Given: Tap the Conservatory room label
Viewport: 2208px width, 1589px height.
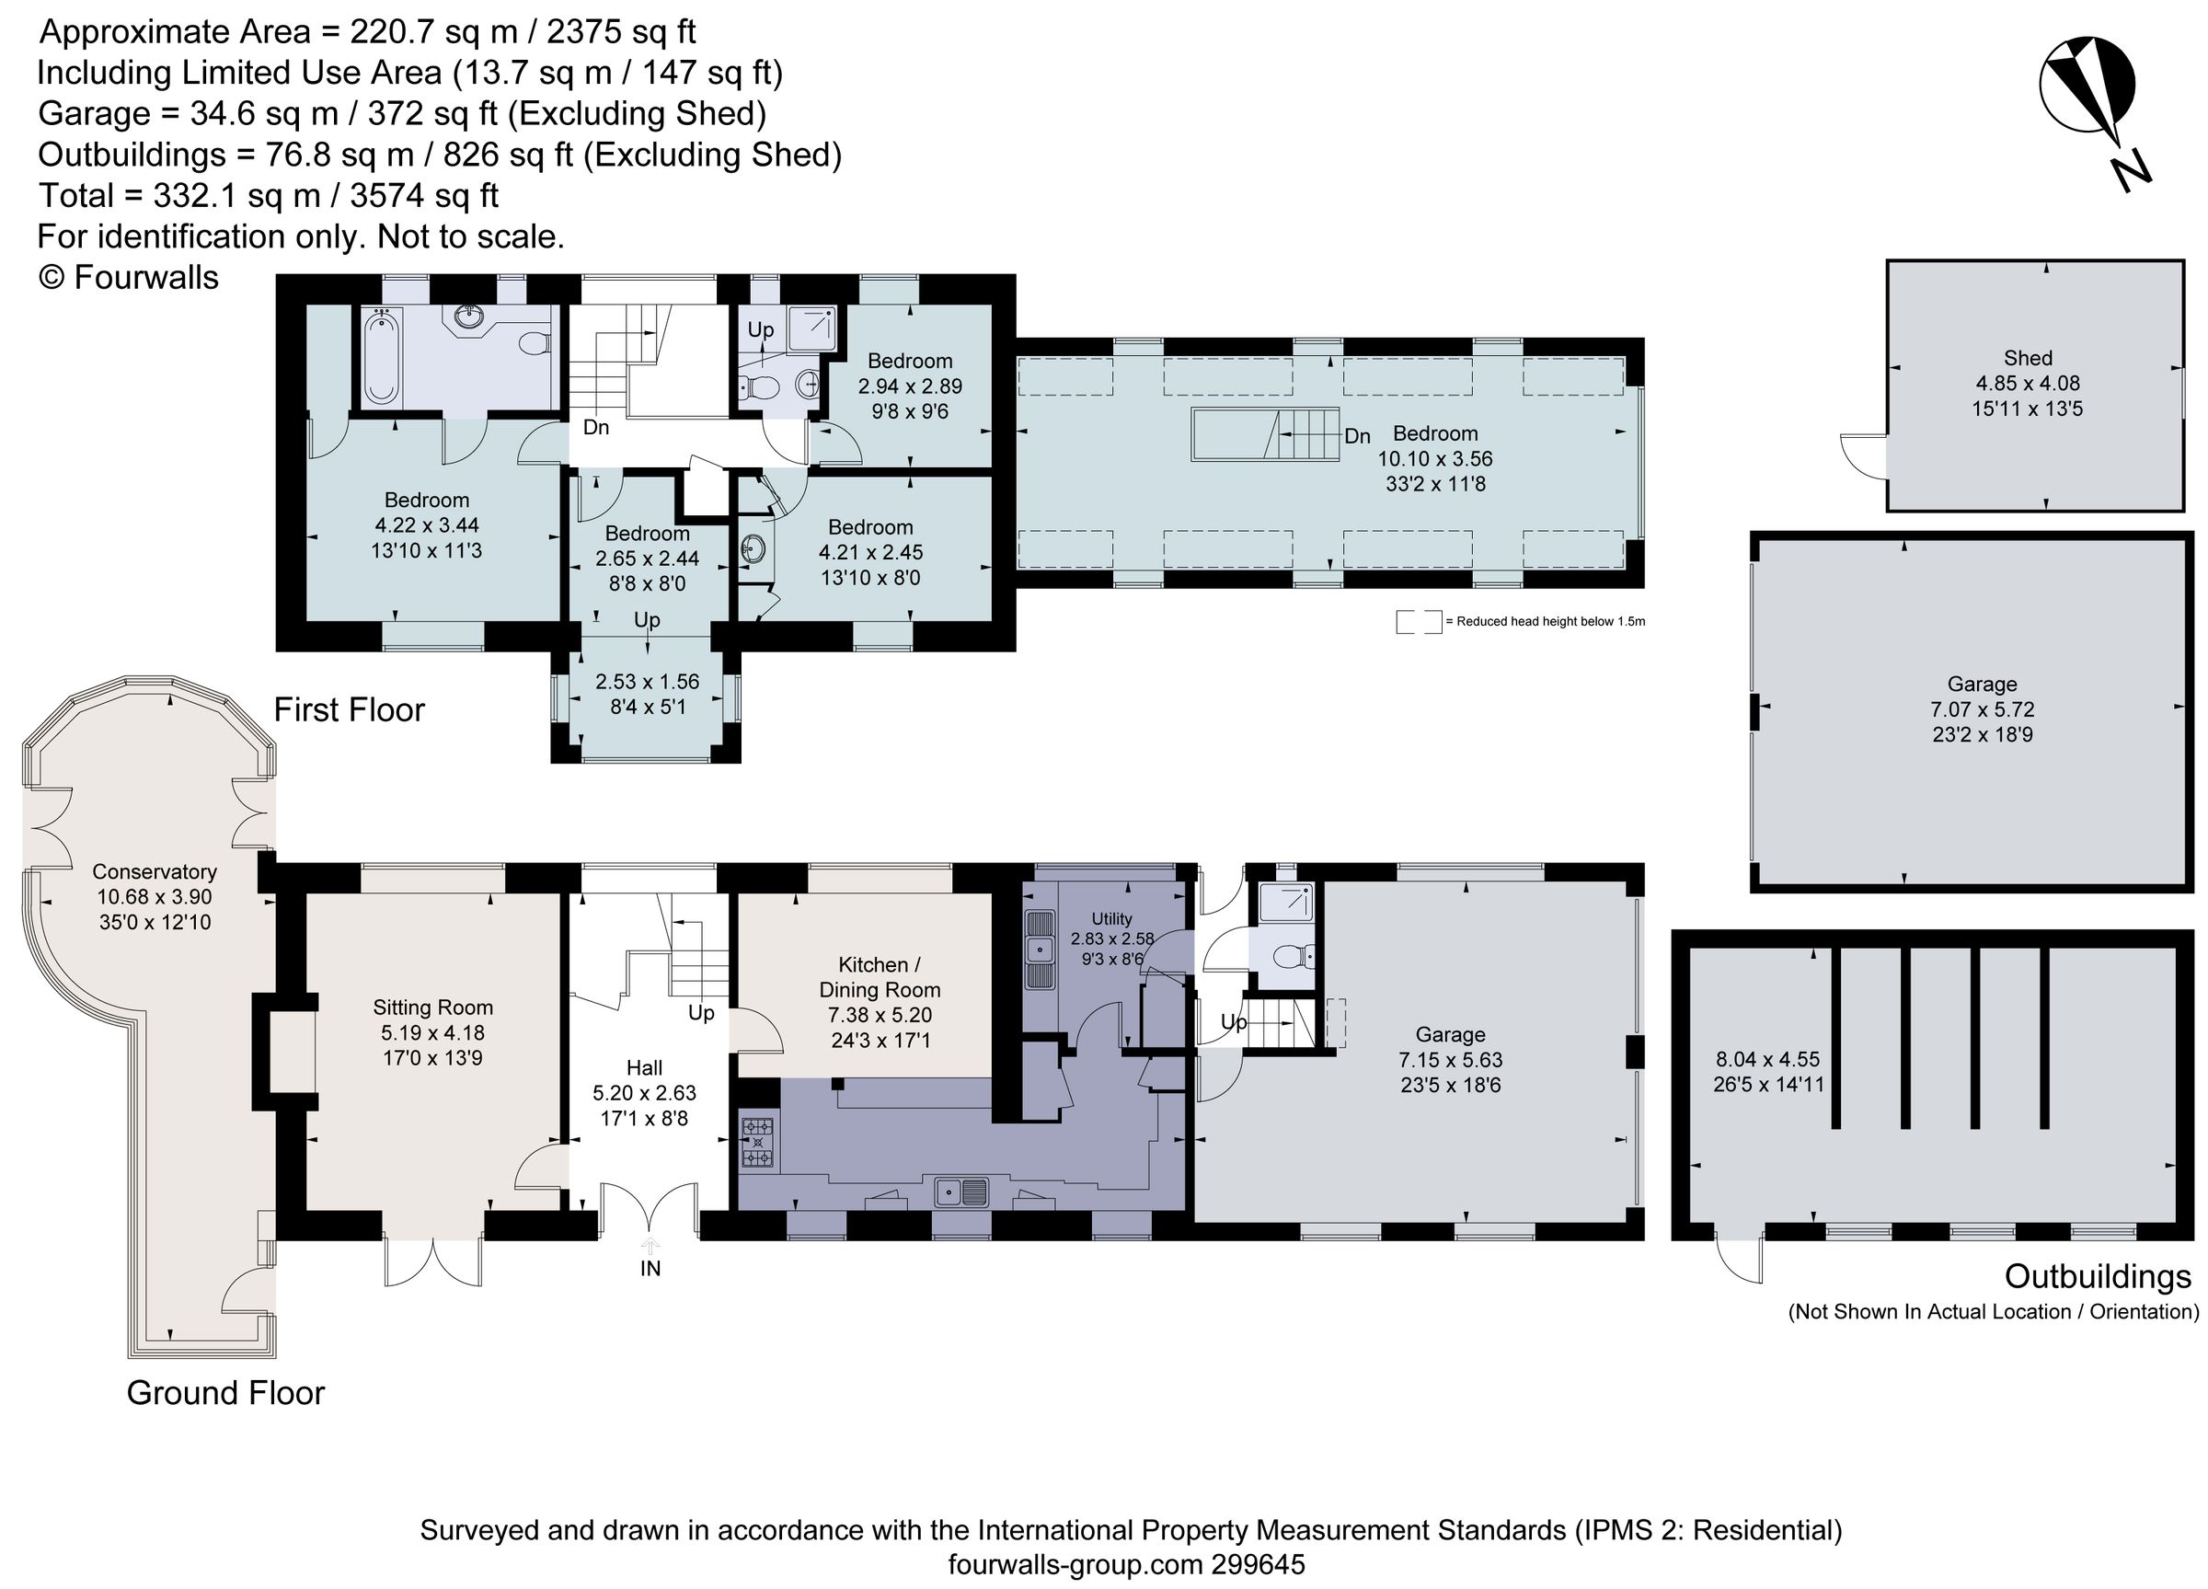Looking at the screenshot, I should (x=154, y=871).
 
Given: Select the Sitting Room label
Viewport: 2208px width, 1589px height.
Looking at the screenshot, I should (x=432, y=1008).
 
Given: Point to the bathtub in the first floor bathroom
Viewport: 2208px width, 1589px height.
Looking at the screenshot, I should (x=381, y=355).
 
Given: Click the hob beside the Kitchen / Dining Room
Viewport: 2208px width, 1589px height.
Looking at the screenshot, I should (x=758, y=1143).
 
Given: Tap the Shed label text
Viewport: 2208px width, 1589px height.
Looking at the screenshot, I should (x=2028, y=358).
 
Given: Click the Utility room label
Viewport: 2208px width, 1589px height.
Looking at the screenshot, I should (x=1110, y=918).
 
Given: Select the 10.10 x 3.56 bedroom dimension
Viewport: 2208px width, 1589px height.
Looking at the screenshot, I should (x=1434, y=458).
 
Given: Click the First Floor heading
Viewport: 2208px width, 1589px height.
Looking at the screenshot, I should (x=349, y=709).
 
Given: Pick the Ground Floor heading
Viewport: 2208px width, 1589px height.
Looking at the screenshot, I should (x=224, y=1393).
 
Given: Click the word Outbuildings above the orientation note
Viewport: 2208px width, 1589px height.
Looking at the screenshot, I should (x=2097, y=1275).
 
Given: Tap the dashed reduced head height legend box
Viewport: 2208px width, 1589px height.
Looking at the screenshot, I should (x=1419, y=622).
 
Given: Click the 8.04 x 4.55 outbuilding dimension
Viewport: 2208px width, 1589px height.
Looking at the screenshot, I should (x=1767, y=1059).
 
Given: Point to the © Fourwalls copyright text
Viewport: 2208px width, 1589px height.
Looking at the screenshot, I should (x=128, y=278).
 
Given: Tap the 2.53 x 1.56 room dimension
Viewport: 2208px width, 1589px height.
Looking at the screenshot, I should (x=647, y=682).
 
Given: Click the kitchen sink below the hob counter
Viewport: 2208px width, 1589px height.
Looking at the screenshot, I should (x=962, y=1191).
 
